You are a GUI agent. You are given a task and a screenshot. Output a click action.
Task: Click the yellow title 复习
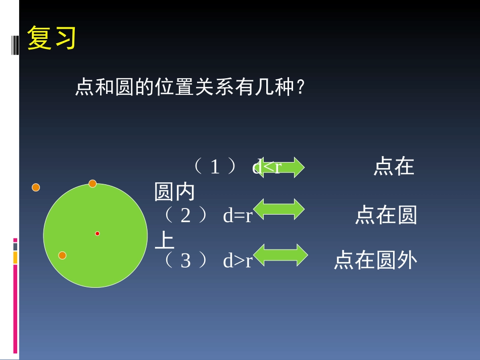pos(52,38)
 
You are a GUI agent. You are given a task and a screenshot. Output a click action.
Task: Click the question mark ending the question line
pos(301,88)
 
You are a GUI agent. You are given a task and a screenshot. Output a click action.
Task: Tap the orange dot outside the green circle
pos(36,187)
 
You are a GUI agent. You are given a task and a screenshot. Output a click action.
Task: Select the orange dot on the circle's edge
pos(92,183)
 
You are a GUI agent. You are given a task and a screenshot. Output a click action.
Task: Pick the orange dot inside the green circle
pos(62,255)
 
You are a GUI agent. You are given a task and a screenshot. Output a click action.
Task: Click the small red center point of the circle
pos(98,233)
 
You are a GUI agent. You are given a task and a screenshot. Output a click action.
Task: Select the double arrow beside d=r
pos(278,209)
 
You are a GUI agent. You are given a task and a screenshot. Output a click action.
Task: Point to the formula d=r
pos(237,216)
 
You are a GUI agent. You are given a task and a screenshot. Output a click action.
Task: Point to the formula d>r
pos(237,261)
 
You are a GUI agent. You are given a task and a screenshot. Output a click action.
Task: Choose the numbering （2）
pos(186,216)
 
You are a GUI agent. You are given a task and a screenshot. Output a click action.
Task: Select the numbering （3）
pos(186,261)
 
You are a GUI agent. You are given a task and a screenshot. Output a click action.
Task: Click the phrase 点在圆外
pos(375,261)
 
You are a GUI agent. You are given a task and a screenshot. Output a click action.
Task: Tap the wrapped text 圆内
pos(174,192)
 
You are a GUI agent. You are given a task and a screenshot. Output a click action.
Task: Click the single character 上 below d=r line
pos(164,241)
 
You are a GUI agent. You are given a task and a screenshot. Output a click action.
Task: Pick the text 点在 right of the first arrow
pos(394,167)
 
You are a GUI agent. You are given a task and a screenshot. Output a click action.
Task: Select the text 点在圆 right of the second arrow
pos(386,216)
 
